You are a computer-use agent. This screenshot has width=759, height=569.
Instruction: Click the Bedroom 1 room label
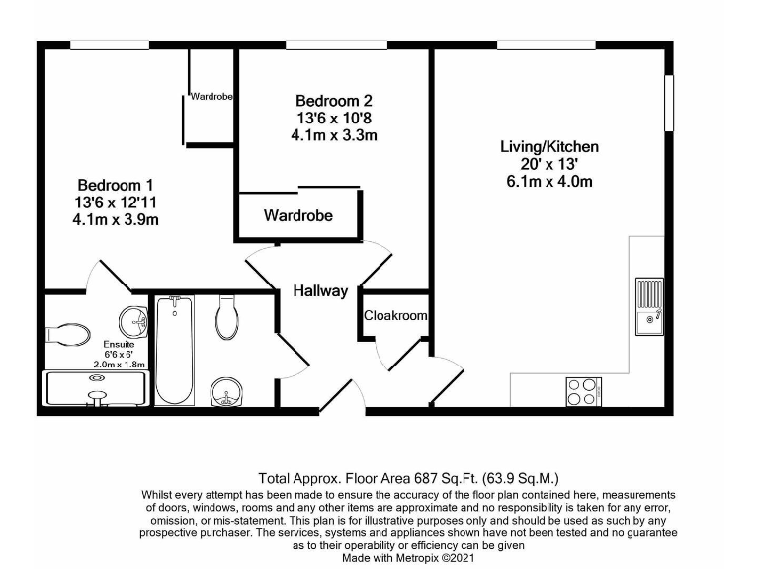click(116, 185)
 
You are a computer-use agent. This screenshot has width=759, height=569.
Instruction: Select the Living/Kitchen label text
click(548, 146)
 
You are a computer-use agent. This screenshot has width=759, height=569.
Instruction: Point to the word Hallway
click(319, 291)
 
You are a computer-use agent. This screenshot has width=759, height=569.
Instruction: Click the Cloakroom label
click(395, 316)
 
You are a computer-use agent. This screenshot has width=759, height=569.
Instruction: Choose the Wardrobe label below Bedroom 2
click(297, 215)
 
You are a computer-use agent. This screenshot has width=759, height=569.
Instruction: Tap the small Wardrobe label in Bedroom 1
click(211, 97)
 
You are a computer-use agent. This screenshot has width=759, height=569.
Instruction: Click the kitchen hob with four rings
click(582, 391)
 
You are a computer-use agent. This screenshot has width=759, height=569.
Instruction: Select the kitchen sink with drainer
click(650, 306)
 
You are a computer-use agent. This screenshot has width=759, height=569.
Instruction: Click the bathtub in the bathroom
click(176, 350)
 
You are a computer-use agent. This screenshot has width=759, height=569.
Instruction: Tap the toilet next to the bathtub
click(226, 319)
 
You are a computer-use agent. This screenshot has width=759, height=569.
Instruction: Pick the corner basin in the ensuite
click(132, 321)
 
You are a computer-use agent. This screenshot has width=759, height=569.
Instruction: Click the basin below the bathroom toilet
click(226, 392)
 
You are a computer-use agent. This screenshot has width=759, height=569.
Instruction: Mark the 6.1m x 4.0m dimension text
click(548, 182)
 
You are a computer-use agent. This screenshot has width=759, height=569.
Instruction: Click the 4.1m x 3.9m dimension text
click(116, 220)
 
